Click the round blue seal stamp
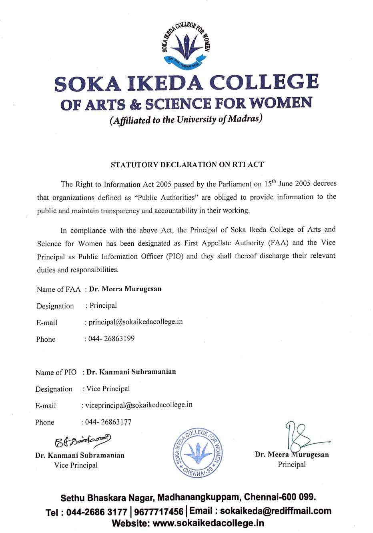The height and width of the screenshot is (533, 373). pyautogui.click(x=198, y=453)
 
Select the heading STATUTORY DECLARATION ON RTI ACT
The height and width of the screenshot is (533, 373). pyautogui.click(x=187, y=164)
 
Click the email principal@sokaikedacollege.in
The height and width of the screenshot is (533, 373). pyautogui.click(x=136, y=322)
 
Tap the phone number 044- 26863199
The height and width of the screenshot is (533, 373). pyautogui.click(x=111, y=339)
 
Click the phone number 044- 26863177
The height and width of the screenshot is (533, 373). pyautogui.click(x=108, y=422)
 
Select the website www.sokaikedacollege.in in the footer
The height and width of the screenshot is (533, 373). pyautogui.click(x=208, y=523)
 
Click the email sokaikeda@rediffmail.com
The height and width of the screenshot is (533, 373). pyautogui.click(x=275, y=511)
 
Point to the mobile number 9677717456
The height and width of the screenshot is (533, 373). pyautogui.click(x=158, y=512)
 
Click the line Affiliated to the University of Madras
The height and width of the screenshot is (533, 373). pyautogui.click(x=186, y=120)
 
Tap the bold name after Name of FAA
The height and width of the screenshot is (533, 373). pyautogui.click(x=125, y=289)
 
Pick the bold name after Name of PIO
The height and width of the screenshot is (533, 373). pyautogui.click(x=131, y=372)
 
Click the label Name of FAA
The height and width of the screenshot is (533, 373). pyautogui.click(x=58, y=289)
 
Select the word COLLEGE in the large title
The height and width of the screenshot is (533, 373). pyautogui.click(x=264, y=82)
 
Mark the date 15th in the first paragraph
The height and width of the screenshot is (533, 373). pyautogui.click(x=270, y=184)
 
